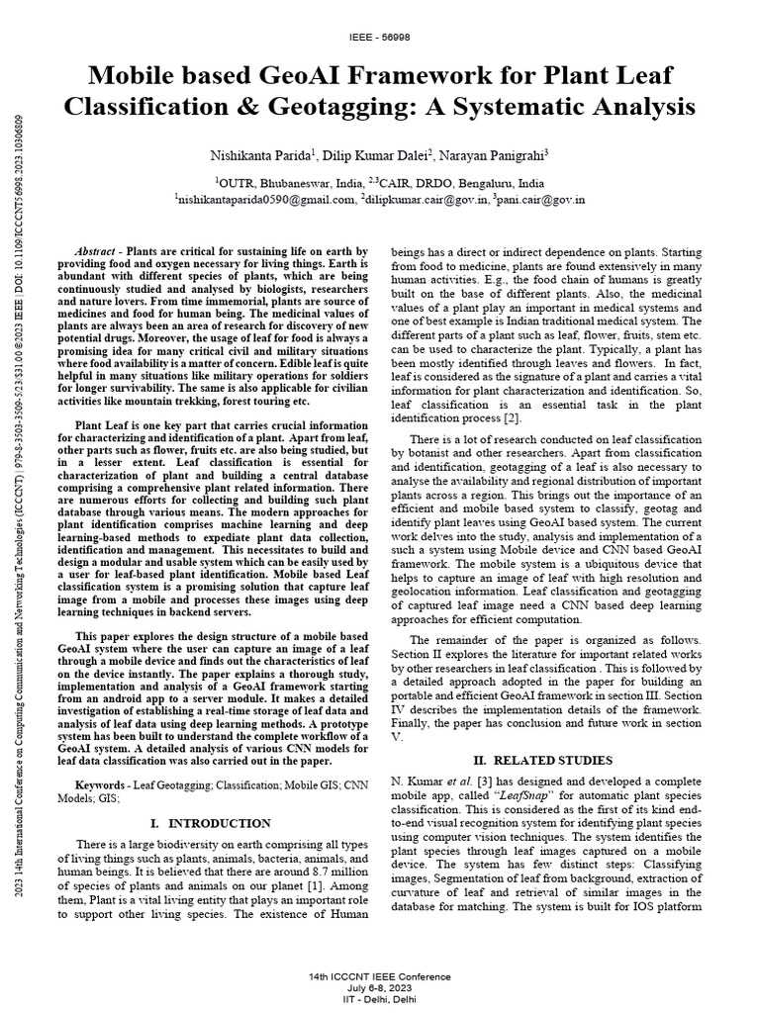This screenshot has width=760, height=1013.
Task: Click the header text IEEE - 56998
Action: [x=380, y=37]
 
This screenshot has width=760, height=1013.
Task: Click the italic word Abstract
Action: [x=96, y=253]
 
